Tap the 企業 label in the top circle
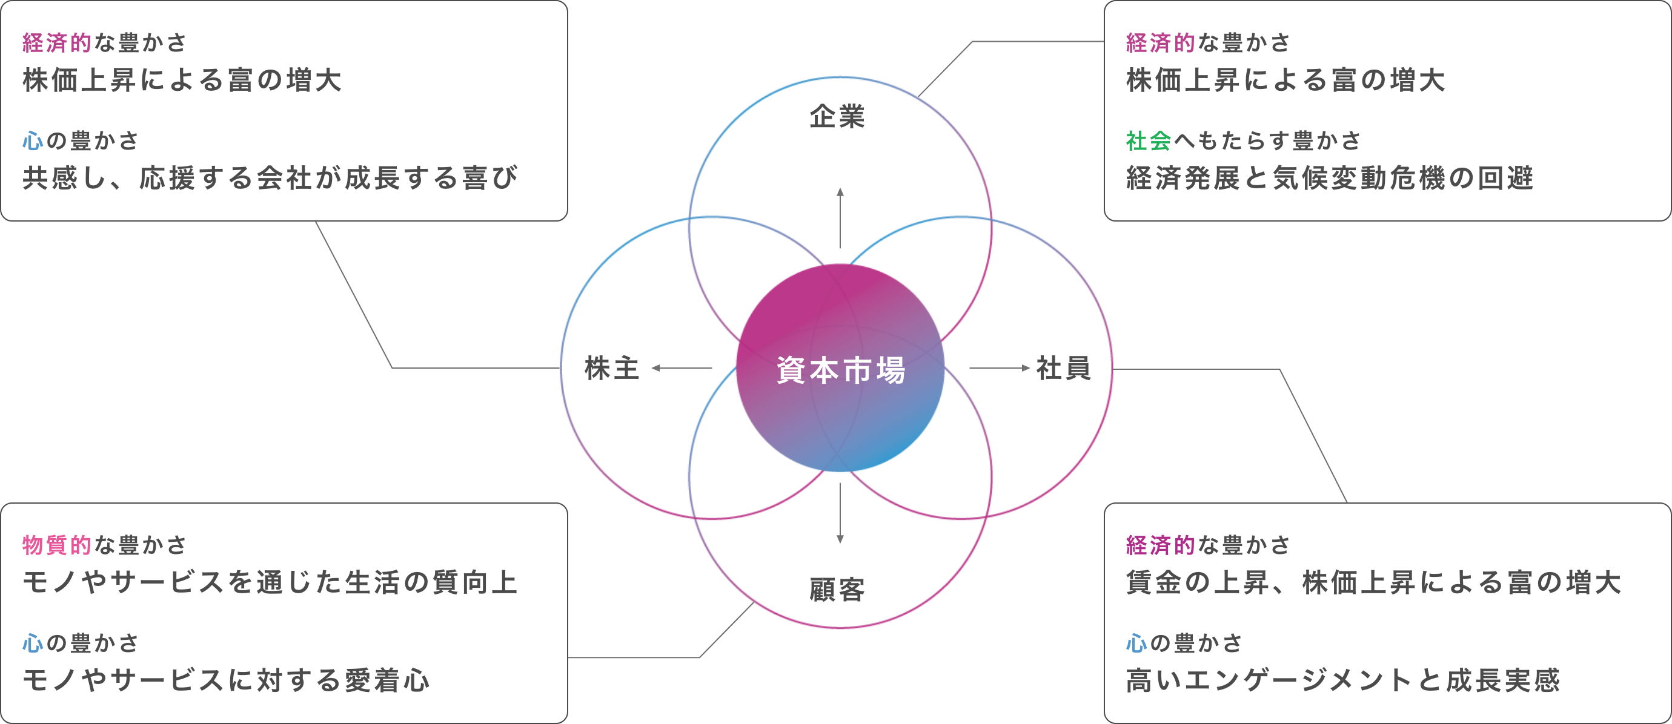[837, 117]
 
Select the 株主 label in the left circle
[611, 369]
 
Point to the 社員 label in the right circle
[1063, 369]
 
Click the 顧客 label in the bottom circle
[837, 590]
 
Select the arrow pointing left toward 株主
[682, 368]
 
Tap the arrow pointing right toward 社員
[1000, 368]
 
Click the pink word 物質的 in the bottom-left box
[57, 545]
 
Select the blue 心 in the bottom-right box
[1136, 643]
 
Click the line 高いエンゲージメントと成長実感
[1342, 680]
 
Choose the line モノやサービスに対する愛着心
[226, 680]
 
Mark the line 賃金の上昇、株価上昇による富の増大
[1373, 582]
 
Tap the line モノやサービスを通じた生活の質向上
[270, 582]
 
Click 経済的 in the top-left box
[57, 43]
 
